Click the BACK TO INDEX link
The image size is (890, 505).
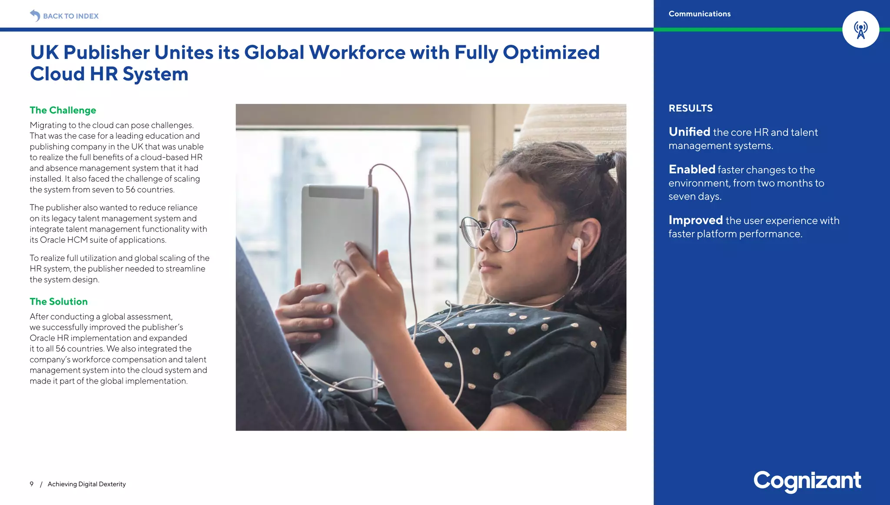[70, 16]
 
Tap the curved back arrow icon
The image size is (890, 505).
[35, 16]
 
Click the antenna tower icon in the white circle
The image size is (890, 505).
[860, 30]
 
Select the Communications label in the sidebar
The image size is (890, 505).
[699, 14]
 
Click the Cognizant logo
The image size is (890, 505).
[807, 481]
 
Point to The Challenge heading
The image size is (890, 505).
[63, 110]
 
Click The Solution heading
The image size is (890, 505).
[59, 302]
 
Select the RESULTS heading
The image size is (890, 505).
[691, 108]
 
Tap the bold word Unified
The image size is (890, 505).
[689, 132]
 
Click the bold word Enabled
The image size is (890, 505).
[692, 170]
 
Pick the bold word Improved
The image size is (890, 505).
[695, 221]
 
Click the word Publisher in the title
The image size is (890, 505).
[106, 53]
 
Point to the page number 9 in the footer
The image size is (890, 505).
[32, 484]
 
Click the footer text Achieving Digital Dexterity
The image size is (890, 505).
[86, 484]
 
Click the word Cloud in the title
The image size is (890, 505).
[57, 74]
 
